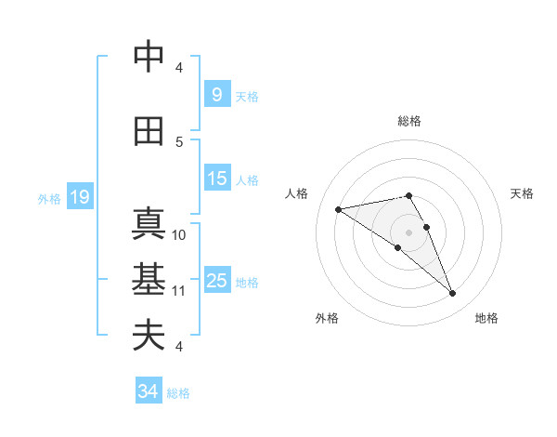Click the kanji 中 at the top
tap(149, 56)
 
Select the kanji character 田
tap(149, 131)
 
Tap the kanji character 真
tap(149, 225)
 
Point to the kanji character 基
tap(149, 280)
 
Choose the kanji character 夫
tap(149, 335)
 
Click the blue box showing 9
tap(216, 95)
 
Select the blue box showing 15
tap(217, 179)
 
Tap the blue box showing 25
tap(217, 281)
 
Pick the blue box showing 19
tap(80, 197)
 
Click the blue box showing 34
tap(148, 391)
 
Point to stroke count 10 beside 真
tap(179, 234)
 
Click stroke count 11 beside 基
tap(179, 290)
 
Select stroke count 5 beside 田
tap(179, 141)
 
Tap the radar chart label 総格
tap(408, 121)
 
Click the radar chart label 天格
tap(523, 193)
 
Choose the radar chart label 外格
tap(327, 318)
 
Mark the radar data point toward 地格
tap(453, 294)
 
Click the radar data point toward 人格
tap(338, 209)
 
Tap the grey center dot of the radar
tap(408, 232)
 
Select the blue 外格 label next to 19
tap(48, 198)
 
